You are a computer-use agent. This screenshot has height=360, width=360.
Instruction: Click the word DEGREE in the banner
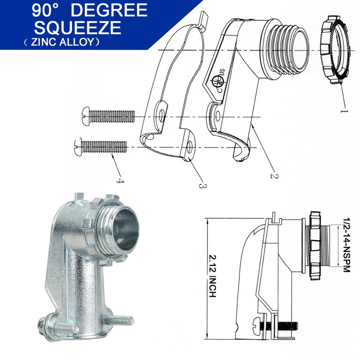point(109,10)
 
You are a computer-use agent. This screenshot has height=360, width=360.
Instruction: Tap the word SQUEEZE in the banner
point(77,27)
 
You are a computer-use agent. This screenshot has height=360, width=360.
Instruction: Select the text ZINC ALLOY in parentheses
point(63,42)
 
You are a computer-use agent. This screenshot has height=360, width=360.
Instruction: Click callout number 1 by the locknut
point(344,111)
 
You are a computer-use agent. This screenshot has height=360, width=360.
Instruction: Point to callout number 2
point(274,176)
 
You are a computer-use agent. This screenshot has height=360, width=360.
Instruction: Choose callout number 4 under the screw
point(120,181)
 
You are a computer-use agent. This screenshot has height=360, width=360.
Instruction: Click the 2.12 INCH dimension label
point(213,276)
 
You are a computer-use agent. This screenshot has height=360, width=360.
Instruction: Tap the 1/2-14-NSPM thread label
point(346,245)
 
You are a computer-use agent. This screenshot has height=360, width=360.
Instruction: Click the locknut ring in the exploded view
point(334,50)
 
